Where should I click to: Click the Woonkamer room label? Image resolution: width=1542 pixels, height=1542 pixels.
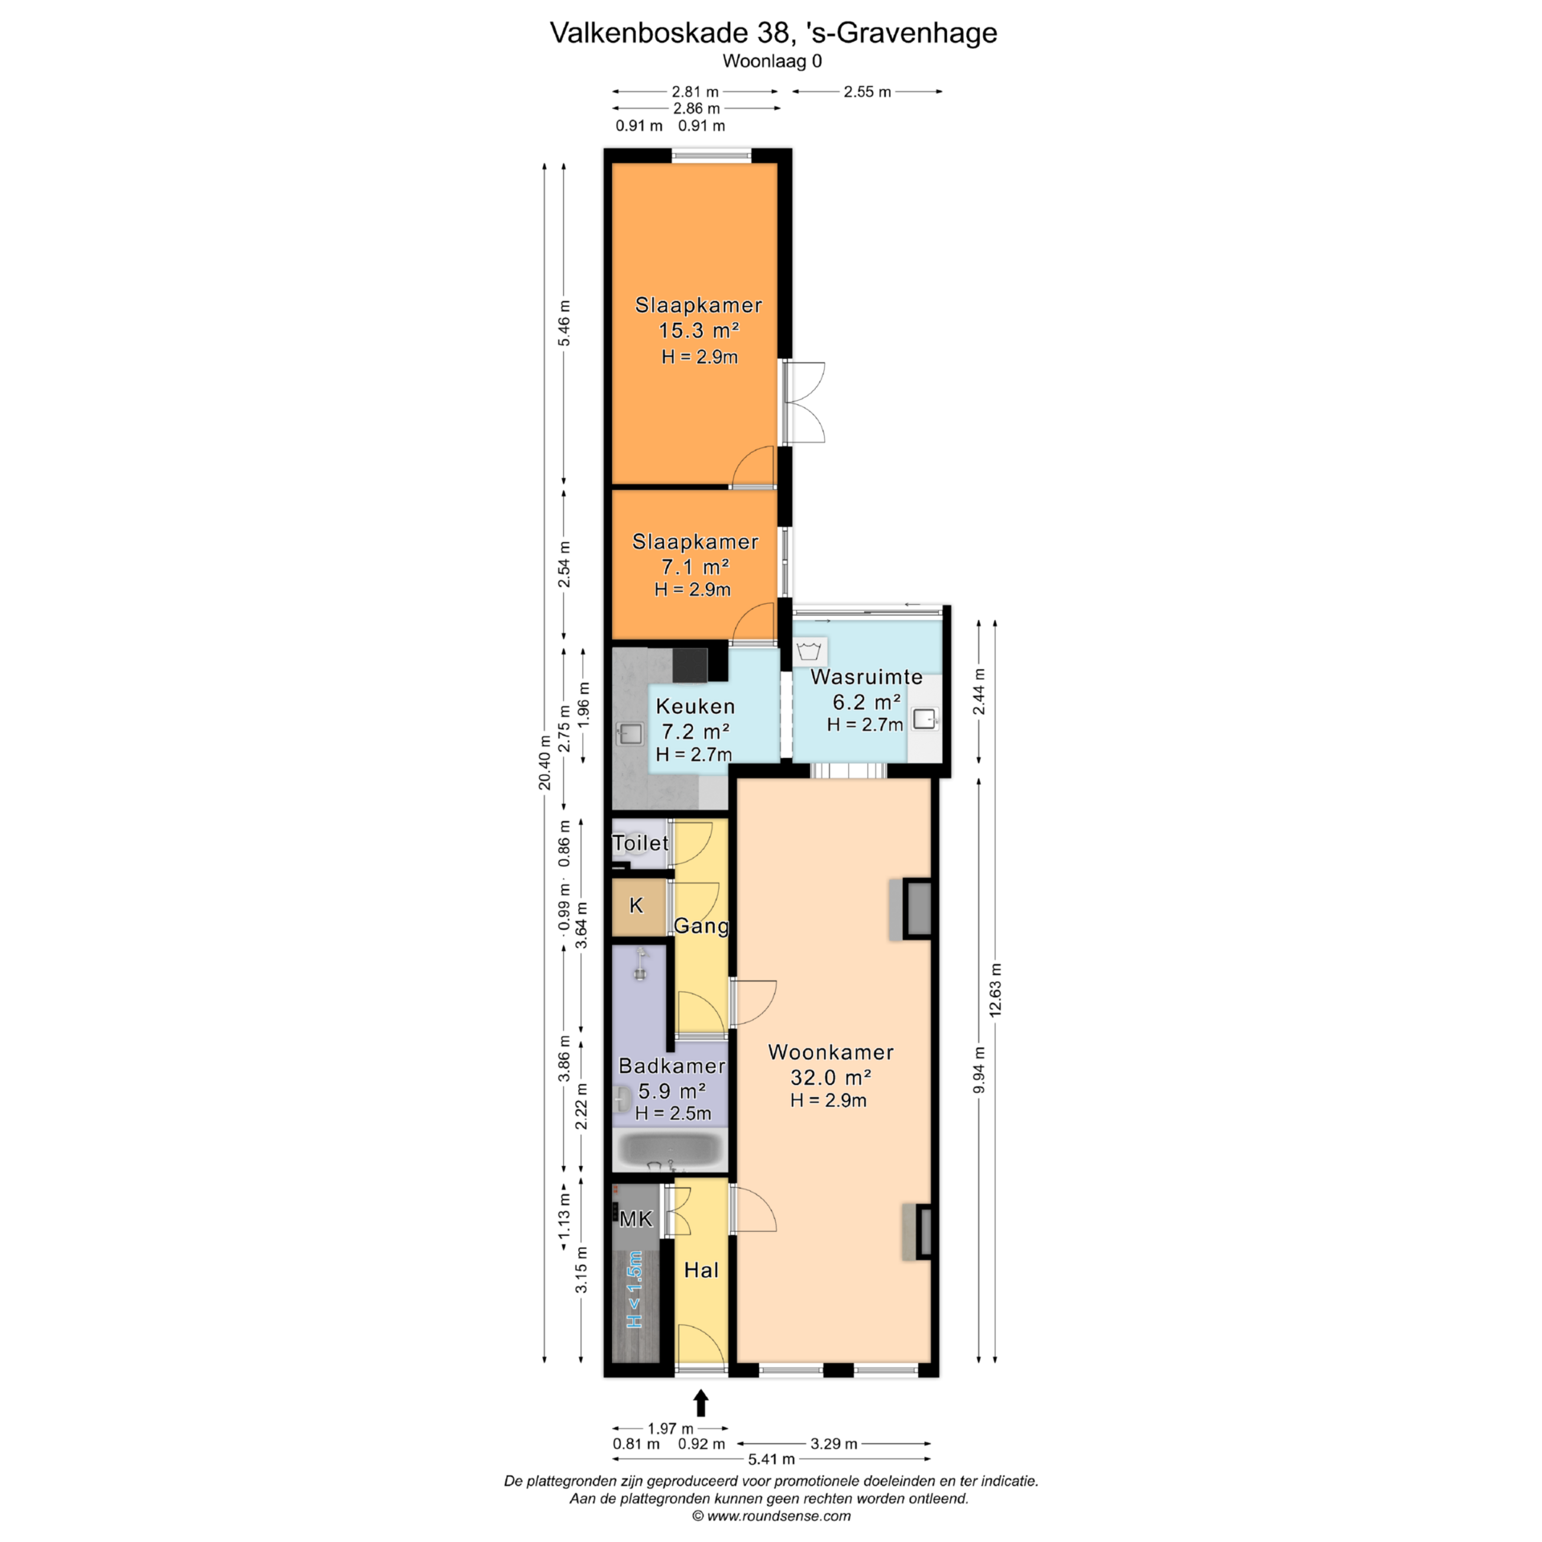coord(830,1052)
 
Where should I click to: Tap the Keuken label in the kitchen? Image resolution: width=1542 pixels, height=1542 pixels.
coord(696,707)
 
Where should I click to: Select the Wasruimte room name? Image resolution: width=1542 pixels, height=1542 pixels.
coord(866,677)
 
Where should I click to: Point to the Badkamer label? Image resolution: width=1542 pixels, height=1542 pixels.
coord(672,1066)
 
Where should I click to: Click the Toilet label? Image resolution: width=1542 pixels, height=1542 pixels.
coord(640,842)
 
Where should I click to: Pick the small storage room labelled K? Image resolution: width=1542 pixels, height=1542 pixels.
coord(636,906)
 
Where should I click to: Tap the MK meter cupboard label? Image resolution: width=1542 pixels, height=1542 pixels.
coord(636,1219)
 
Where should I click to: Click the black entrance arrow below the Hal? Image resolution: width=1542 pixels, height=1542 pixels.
coord(701,1402)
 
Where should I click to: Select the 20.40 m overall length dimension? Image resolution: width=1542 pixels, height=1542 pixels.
coord(545,763)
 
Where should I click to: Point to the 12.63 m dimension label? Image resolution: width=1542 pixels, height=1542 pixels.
coord(996,989)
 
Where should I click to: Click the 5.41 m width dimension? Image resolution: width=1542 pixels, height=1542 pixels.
coord(771,1458)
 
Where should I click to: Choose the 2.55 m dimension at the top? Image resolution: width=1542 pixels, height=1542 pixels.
coord(867,92)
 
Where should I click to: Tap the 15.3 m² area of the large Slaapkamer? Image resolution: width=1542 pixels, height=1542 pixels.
coord(699,330)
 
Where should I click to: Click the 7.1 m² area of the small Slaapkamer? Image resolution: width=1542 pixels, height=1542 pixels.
coord(696,567)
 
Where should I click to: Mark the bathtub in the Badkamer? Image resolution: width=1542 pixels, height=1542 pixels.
coord(671,1150)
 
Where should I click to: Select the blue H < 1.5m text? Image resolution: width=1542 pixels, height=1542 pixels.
coord(634,1290)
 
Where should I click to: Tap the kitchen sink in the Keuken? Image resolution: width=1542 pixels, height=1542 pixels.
coord(629,732)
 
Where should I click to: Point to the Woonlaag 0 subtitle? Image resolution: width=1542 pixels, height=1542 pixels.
coord(772,61)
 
